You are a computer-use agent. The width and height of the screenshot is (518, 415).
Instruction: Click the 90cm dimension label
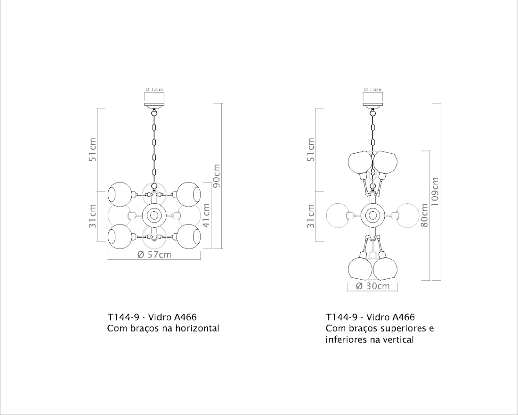pyautogui.click(x=217, y=176)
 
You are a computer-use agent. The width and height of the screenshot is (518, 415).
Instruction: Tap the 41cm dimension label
pyautogui.click(x=206, y=215)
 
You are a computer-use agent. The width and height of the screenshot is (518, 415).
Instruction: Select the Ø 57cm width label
pyautogui.click(x=154, y=255)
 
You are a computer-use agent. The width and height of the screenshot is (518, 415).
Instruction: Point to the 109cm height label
pyautogui.click(x=435, y=191)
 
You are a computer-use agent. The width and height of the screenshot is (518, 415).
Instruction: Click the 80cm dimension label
pyautogui.click(x=424, y=215)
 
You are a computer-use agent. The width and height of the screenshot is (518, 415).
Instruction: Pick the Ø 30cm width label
pyautogui.click(x=372, y=286)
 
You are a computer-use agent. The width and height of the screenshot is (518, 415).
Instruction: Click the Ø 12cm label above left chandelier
pyautogui.click(x=154, y=89)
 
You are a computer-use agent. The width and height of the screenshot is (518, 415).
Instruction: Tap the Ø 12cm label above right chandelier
pyautogui.click(x=372, y=89)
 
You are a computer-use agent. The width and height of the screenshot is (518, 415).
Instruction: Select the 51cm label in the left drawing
pyautogui.click(x=93, y=149)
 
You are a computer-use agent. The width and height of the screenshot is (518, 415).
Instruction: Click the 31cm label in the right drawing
pyautogui.click(x=311, y=216)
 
